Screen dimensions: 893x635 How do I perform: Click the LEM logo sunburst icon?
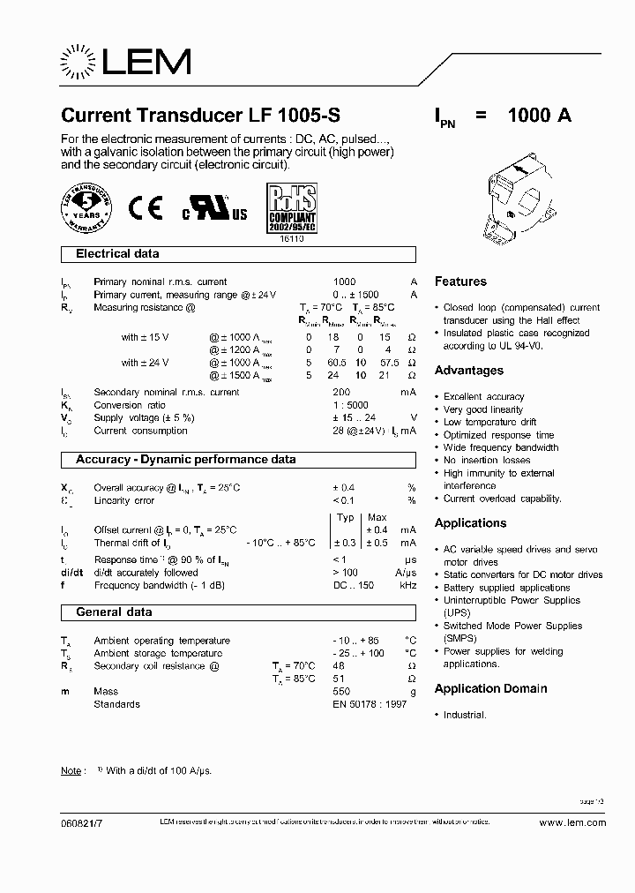click(80, 63)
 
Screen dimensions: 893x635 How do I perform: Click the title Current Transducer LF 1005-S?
click(199, 116)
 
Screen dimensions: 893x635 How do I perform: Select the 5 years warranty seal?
click(86, 208)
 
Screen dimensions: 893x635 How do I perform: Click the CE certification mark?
click(146, 208)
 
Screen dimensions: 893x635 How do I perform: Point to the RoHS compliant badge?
click(290, 208)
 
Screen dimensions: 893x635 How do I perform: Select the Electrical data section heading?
click(117, 254)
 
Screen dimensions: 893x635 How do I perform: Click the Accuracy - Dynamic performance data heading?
click(185, 460)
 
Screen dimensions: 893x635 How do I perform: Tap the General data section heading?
click(114, 612)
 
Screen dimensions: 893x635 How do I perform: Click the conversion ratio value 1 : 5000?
click(350, 405)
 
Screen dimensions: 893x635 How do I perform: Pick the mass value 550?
click(341, 692)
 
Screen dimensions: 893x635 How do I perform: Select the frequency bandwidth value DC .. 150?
click(354, 585)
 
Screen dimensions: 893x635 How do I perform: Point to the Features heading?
click(460, 281)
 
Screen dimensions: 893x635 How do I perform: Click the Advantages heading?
click(469, 371)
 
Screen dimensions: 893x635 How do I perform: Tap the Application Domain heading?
click(490, 688)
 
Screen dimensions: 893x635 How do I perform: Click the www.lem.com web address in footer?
click(571, 822)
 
